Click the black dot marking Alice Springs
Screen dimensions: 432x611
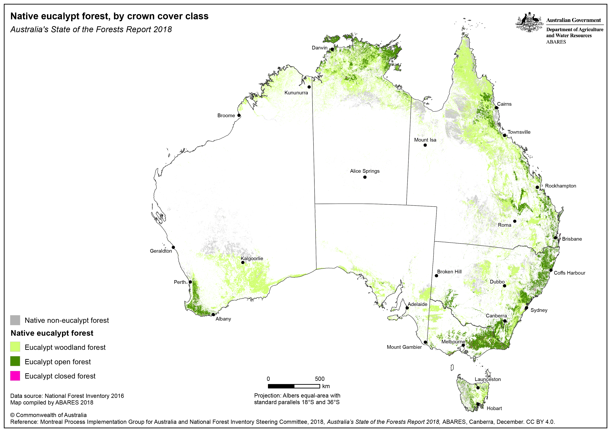[365, 177]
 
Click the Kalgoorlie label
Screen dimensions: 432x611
[252, 258]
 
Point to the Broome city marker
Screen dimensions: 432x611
[239, 115]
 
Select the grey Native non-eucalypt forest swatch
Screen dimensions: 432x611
[15, 320]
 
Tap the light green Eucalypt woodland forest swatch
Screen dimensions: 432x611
[15, 347]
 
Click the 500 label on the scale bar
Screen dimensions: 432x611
[320, 379]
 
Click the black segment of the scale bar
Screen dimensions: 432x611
[281, 386]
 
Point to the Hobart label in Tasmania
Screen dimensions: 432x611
[494, 408]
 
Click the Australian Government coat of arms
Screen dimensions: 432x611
[529, 23]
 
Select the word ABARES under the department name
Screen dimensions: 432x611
[556, 42]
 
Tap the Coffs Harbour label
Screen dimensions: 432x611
[570, 273]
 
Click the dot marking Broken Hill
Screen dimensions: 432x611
[436, 276]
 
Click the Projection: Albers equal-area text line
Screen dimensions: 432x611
[297, 396]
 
